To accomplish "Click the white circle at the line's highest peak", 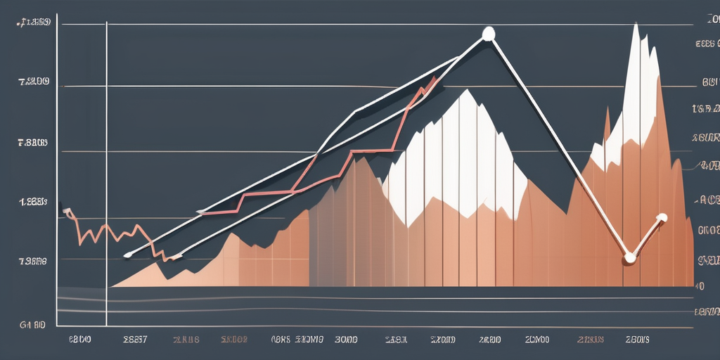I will [488, 33].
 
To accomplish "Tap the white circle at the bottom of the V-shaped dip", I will [629, 258].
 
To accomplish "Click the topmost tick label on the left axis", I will [32, 23].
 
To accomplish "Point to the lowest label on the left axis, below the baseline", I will [32, 326].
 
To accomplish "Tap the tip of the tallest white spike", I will [636, 25].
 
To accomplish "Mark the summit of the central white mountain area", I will [465, 91].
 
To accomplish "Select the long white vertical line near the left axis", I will [106, 169].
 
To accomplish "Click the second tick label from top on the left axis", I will [33, 82].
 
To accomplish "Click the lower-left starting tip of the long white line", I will [126, 255].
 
